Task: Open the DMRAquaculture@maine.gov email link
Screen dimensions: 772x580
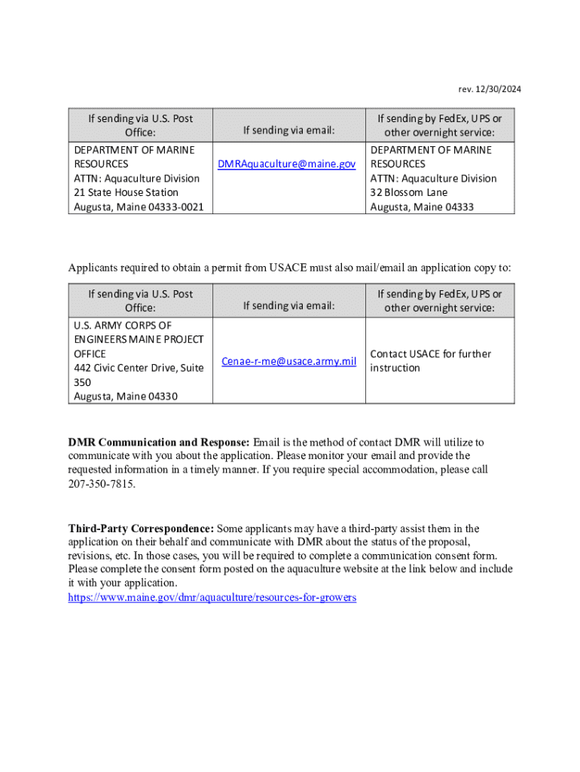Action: point(286,164)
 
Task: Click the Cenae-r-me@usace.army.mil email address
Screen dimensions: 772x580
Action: point(288,362)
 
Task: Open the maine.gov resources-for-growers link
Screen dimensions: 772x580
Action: point(212,597)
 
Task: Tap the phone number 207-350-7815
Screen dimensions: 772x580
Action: point(102,484)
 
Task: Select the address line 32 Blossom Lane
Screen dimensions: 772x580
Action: point(408,192)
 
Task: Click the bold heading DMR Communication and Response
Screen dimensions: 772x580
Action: point(159,442)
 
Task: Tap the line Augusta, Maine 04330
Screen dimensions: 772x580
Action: point(125,397)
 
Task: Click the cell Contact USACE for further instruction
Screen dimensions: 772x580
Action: point(430,361)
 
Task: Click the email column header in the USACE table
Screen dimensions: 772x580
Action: point(288,305)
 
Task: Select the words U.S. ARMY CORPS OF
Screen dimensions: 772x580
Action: point(123,326)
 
